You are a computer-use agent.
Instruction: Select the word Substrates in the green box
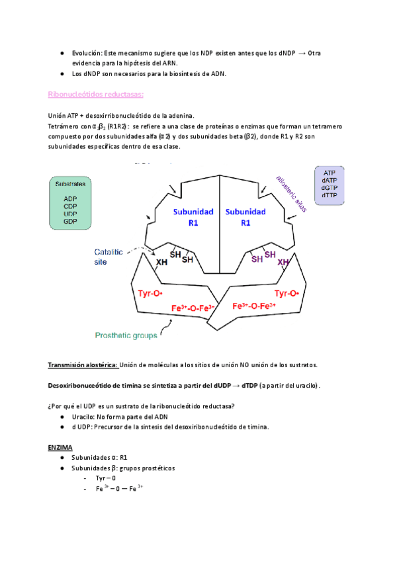pyautogui.click(x=70, y=185)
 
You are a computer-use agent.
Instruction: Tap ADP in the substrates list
pyautogui.click(x=70, y=198)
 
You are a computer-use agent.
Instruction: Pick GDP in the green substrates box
pyautogui.click(x=70, y=221)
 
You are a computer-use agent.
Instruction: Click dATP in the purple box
pyautogui.click(x=329, y=180)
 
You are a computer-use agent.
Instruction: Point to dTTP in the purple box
pyautogui.click(x=329, y=195)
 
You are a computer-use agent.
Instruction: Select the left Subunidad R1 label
pyautogui.click(x=192, y=217)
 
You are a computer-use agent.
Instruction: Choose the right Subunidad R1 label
pyautogui.click(x=245, y=217)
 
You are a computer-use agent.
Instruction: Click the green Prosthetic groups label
pyautogui.click(x=126, y=335)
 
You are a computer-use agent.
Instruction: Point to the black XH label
pyautogui.click(x=161, y=263)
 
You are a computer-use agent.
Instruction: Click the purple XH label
pyautogui.click(x=283, y=263)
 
